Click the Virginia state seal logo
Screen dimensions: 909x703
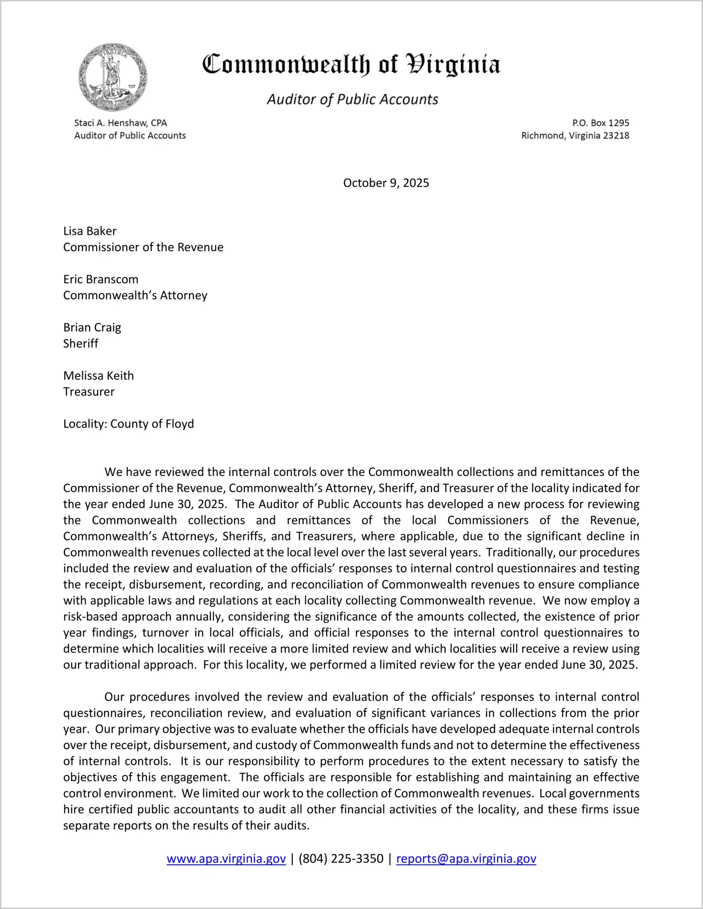coord(112,78)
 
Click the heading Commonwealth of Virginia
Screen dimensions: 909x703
coord(351,65)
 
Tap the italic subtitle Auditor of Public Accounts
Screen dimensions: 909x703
coord(352,99)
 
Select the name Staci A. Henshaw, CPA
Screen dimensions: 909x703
coord(120,123)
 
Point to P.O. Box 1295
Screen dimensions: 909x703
coord(600,123)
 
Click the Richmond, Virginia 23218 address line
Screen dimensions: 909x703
coord(575,136)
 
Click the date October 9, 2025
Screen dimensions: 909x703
coord(386,183)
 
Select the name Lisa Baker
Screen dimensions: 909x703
coord(90,231)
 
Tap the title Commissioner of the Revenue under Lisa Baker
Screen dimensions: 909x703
coord(143,247)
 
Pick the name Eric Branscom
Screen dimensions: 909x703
coord(101,279)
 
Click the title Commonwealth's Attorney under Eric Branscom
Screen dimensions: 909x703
coord(135,295)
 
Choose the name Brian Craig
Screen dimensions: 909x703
coord(92,327)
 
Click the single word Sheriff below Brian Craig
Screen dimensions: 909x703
coord(80,343)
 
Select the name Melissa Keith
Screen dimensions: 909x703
coord(98,376)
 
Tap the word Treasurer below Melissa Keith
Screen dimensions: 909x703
coord(89,392)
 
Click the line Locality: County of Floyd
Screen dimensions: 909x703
coord(128,424)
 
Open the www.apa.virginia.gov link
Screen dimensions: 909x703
coord(226,859)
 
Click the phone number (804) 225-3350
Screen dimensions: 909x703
coord(341,859)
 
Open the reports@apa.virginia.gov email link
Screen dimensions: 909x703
coord(466,859)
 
